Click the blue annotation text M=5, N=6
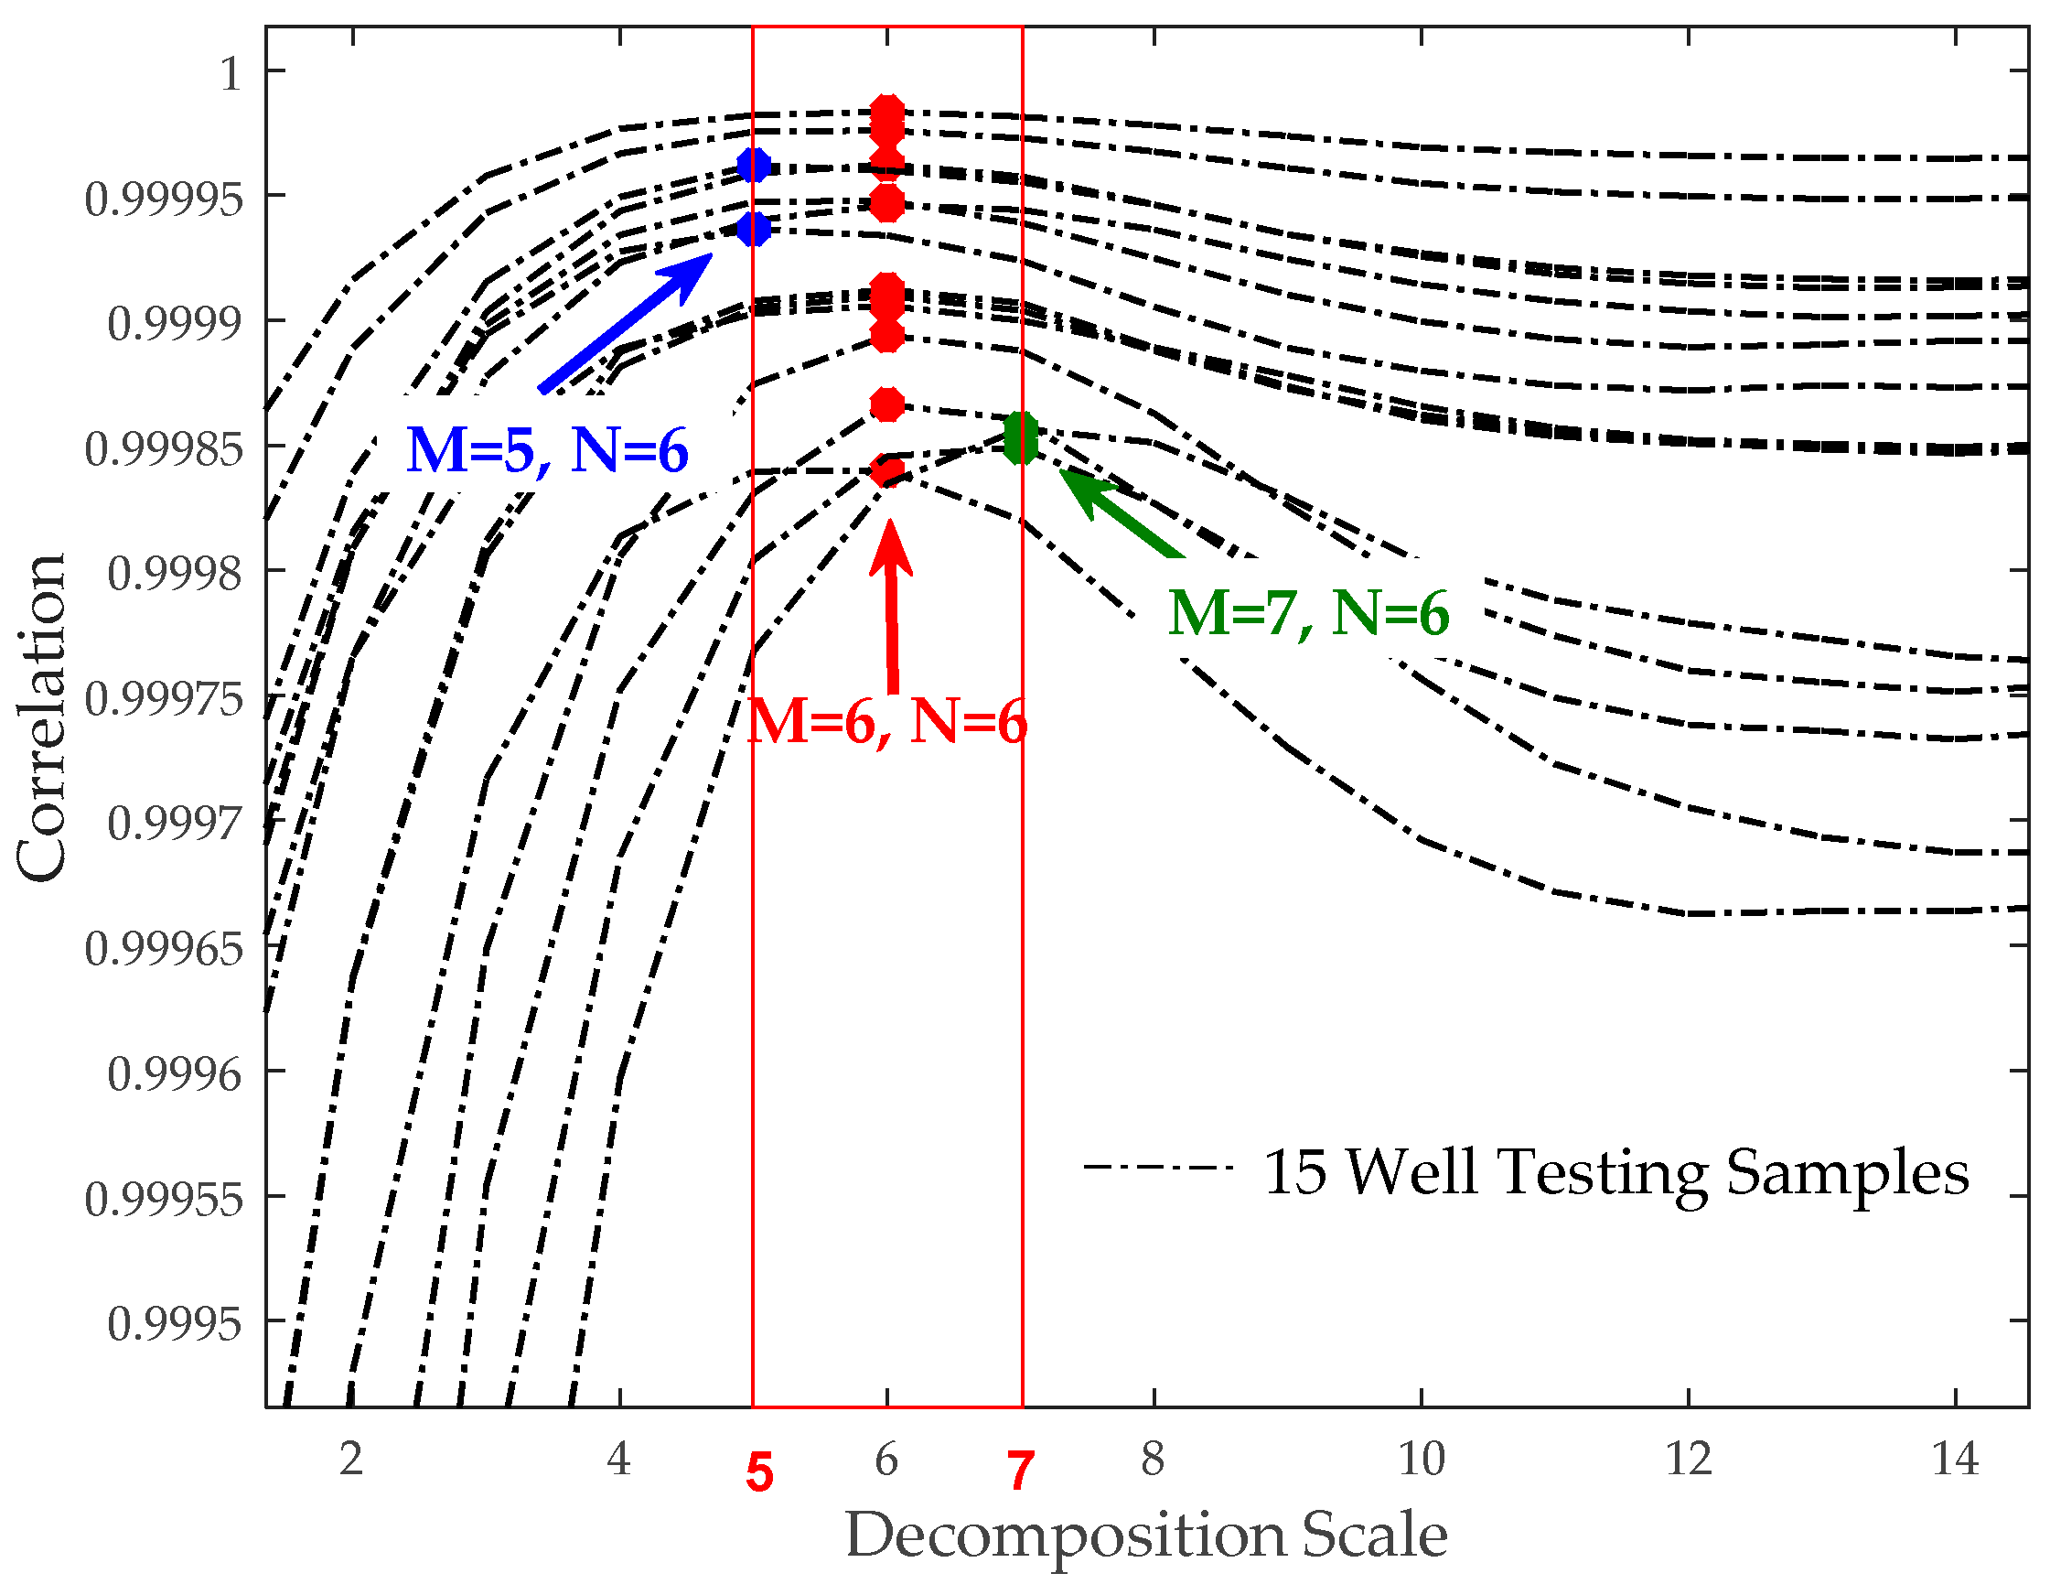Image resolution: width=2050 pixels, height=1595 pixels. (x=547, y=450)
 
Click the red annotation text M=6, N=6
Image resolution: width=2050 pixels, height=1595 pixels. (x=886, y=723)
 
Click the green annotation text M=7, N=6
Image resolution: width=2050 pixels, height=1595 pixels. (x=1308, y=614)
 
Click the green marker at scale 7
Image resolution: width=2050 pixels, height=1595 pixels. (x=1020, y=437)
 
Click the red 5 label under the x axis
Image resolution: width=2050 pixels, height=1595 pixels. (x=759, y=1473)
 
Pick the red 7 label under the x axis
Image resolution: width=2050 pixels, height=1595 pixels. (x=1020, y=1471)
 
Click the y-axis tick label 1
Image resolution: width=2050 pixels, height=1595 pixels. (x=231, y=72)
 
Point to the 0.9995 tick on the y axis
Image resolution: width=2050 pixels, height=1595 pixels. (x=175, y=1324)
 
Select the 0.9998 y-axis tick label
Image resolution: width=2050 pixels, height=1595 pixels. (x=175, y=573)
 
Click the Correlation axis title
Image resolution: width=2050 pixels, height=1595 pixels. (x=42, y=717)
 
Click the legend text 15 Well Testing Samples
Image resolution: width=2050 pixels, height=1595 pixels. (x=1616, y=1172)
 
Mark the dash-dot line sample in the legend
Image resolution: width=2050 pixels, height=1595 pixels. (x=1157, y=1167)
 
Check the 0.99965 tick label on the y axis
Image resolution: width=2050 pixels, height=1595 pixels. (x=164, y=948)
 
